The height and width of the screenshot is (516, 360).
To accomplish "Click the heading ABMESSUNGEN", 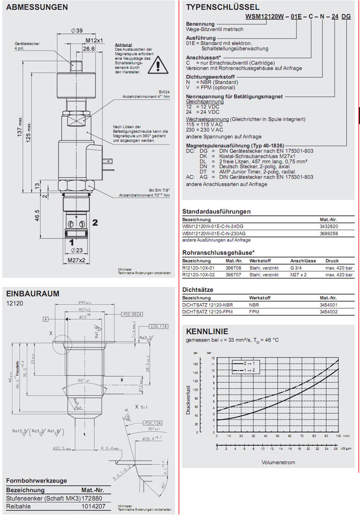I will [x=37, y=8].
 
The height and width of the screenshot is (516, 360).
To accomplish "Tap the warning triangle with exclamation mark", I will [x=163, y=65].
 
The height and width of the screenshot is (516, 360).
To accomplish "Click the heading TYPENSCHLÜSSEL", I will [x=222, y=7].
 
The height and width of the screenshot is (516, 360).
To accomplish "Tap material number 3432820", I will [x=328, y=226].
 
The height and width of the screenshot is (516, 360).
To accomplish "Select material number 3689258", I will [x=328, y=233].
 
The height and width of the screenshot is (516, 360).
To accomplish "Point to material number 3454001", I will [x=328, y=305].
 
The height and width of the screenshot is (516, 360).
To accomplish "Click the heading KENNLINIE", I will [x=207, y=331].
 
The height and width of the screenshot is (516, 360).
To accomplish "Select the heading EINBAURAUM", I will [x=33, y=293].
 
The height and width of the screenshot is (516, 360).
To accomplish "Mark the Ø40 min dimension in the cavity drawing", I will [x=84, y=302].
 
